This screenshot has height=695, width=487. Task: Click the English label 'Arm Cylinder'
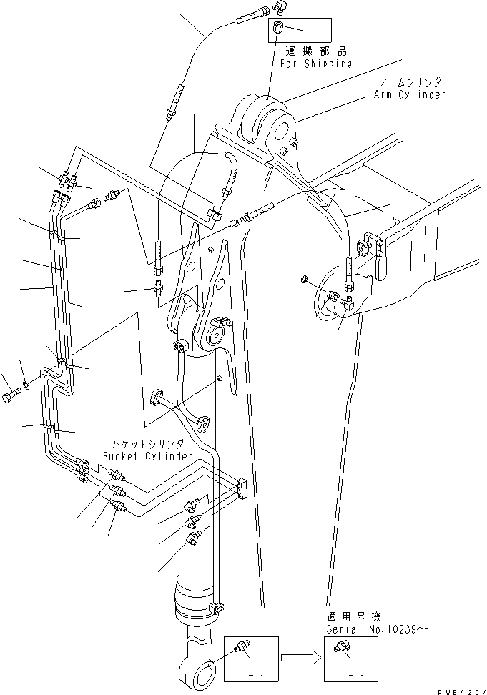click(x=410, y=94)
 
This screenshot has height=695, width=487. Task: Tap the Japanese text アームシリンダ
click(x=410, y=83)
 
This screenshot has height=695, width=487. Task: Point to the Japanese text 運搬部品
click(x=316, y=51)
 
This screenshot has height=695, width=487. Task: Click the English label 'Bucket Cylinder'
click(x=147, y=455)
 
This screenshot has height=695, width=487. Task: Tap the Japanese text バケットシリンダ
click(x=148, y=444)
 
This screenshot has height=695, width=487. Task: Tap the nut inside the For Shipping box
click(x=280, y=30)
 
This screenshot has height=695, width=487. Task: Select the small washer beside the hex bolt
click(x=26, y=386)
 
